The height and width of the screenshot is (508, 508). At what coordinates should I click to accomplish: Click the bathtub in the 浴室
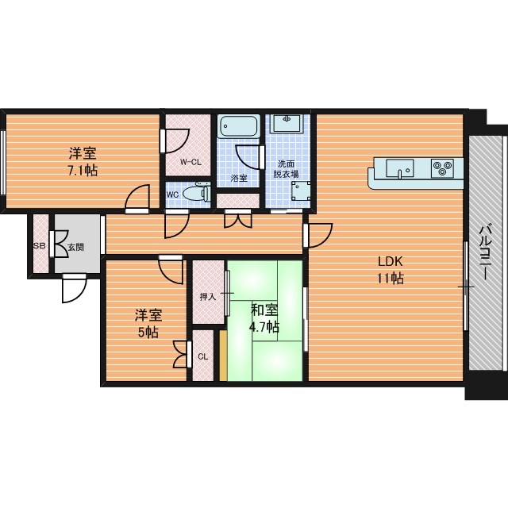click(x=239, y=126)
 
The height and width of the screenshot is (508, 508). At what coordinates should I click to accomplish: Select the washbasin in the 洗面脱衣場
click(x=287, y=123)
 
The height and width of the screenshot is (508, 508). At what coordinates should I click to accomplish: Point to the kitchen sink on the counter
click(x=399, y=168)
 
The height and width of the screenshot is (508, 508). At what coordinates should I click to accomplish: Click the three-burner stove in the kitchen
click(x=442, y=168)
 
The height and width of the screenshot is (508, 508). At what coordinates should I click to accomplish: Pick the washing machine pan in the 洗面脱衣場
click(x=302, y=191)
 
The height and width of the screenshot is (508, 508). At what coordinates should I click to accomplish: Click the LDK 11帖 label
click(x=390, y=270)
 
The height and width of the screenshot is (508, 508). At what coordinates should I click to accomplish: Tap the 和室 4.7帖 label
click(x=264, y=318)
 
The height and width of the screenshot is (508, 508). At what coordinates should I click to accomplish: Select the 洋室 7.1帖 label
click(x=83, y=162)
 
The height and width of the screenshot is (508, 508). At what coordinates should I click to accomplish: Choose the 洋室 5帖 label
click(x=148, y=324)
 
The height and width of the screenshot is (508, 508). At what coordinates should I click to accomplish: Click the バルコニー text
click(x=486, y=252)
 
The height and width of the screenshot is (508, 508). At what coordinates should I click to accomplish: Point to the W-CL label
click(x=190, y=162)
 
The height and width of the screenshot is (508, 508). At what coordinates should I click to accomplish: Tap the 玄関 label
click(x=76, y=247)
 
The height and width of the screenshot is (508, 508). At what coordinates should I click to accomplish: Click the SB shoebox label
click(x=39, y=246)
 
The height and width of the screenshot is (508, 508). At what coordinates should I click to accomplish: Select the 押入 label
click(x=208, y=296)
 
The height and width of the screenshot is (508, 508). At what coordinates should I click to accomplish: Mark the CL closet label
click(x=203, y=356)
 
